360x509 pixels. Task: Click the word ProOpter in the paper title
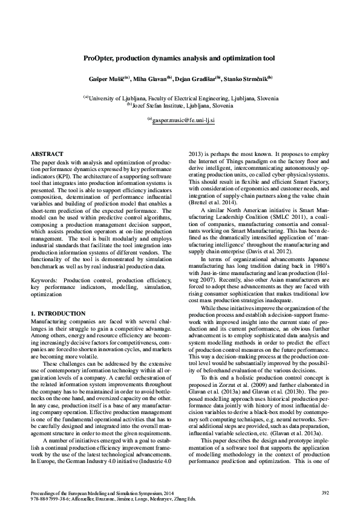click(x=100, y=59)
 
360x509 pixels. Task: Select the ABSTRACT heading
click(x=46, y=155)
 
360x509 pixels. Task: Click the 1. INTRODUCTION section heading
click(x=57, y=314)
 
